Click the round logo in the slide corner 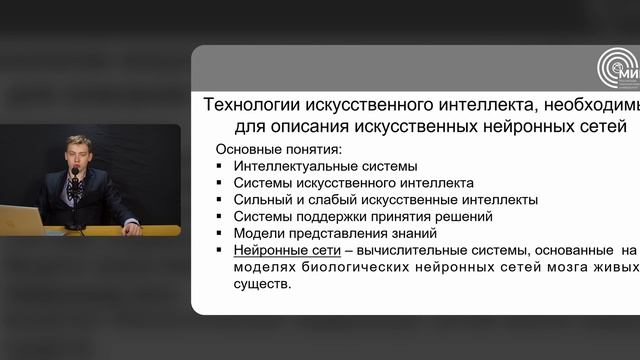click(x=618, y=69)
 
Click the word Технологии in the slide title click(x=251, y=104)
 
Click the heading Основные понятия click(x=280, y=149)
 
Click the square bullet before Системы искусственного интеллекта click(x=219, y=184)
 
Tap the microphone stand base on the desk click(x=75, y=228)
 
